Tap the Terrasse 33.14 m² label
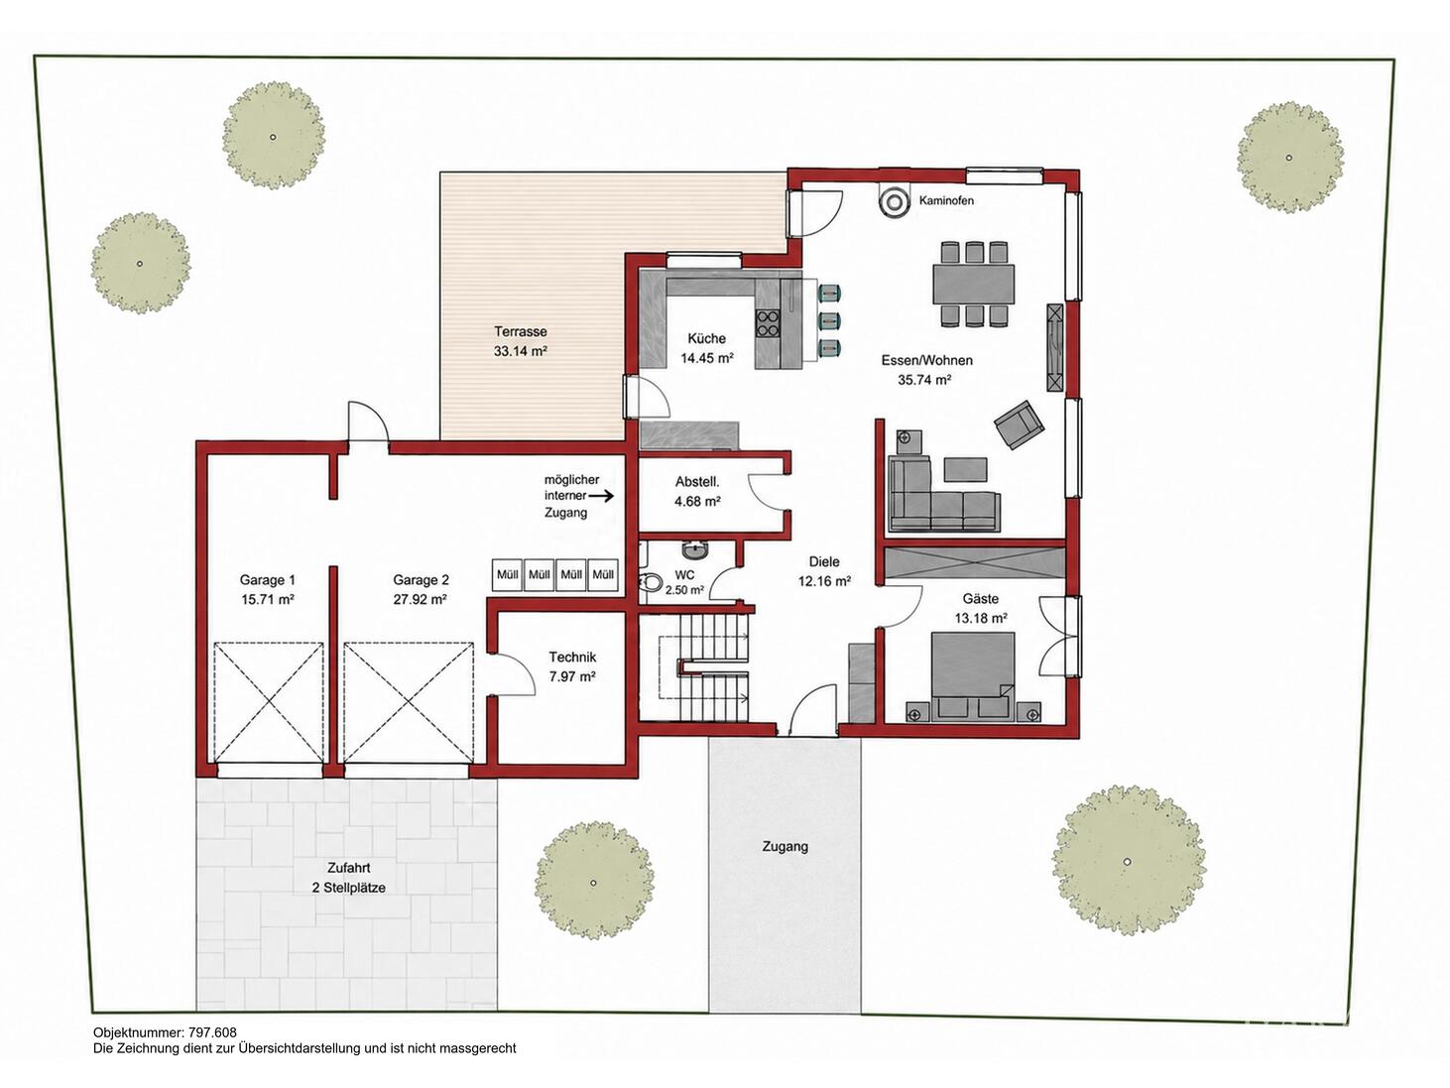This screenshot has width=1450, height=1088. coord(521,341)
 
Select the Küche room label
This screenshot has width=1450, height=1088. coord(707,339)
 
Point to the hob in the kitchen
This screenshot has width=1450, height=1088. coord(767,324)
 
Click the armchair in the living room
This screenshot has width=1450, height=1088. coord(1020,424)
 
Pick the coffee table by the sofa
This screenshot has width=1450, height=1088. coord(966,470)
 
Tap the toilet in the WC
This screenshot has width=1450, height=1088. coord(651,582)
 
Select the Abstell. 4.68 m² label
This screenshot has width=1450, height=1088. coord(697,492)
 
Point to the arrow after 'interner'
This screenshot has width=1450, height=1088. coord(601,495)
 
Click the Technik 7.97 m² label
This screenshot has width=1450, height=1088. coord(572,666)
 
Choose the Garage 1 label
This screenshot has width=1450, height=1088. coord(267,580)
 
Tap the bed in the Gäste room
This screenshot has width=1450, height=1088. coord(972,673)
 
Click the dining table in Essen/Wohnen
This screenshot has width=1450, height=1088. coord(974,284)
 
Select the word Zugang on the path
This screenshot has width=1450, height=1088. coord(785,847)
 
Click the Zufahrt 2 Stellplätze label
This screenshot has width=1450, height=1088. coord(349,878)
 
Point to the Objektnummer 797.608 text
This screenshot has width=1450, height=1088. coord(165,1031)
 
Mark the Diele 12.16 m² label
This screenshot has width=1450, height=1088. coord(824,571)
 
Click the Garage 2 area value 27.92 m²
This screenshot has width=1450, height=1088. coord(421,600)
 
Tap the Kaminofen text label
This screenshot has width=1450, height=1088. coord(946,200)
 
